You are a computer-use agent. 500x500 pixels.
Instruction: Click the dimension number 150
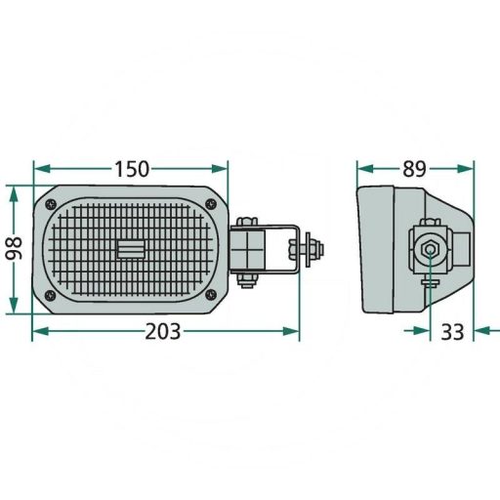click(x=130, y=168)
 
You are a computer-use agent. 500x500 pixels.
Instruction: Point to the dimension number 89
click(x=414, y=168)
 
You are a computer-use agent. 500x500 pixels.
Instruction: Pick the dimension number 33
click(x=451, y=332)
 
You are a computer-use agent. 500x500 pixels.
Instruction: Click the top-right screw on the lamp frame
click(x=208, y=202)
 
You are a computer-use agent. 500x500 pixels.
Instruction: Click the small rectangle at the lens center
click(x=130, y=250)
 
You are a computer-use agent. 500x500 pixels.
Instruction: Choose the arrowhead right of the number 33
click(x=482, y=332)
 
